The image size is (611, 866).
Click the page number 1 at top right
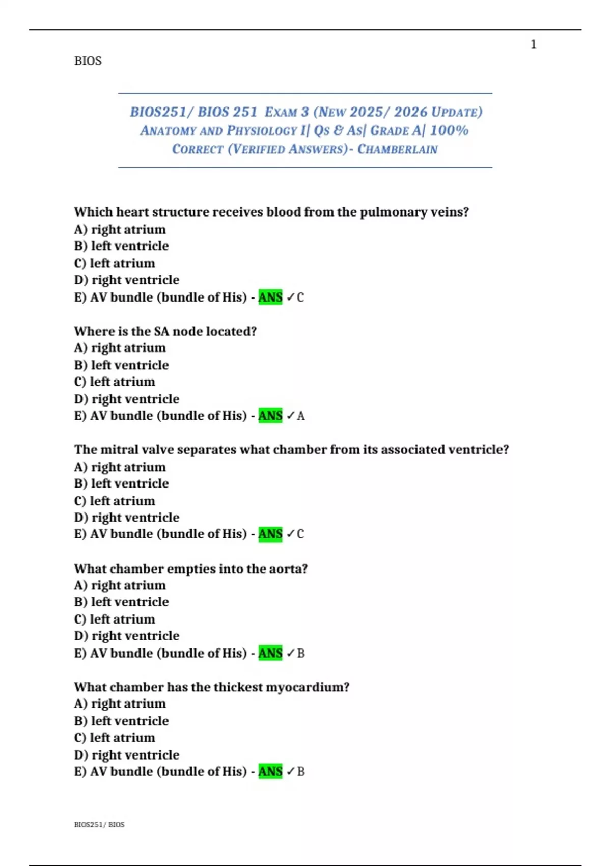(533, 45)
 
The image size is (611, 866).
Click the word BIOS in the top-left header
(88, 61)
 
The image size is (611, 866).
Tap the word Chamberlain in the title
(397, 149)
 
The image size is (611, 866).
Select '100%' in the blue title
(449, 130)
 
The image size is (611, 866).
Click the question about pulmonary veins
(271, 212)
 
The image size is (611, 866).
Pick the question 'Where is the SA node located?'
(165, 331)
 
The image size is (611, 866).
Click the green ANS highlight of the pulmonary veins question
(270, 297)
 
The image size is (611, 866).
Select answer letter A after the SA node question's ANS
(301, 416)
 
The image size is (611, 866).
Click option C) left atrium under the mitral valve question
(115, 501)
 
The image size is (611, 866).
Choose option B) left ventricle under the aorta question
(121, 602)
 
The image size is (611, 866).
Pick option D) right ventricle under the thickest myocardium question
(126, 755)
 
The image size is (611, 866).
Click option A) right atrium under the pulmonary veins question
(120, 229)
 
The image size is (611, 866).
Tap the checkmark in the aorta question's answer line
(290, 653)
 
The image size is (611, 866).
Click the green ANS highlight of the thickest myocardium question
(270, 772)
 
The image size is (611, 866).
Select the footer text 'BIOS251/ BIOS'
(99, 824)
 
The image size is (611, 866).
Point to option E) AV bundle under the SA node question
(160, 416)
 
